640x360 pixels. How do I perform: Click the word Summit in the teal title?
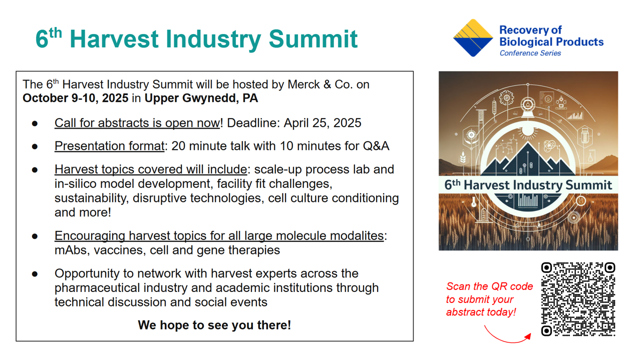point(313,39)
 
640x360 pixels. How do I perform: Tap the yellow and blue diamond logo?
point(473,37)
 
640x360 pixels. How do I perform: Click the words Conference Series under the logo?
point(530,53)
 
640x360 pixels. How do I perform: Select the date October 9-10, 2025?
point(75,98)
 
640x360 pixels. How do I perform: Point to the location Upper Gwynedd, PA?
point(201,98)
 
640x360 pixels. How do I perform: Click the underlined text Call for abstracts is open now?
point(137,123)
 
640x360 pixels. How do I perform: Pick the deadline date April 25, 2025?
point(322,123)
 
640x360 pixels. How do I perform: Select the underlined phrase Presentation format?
point(109,146)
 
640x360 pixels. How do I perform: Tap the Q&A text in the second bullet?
point(376,146)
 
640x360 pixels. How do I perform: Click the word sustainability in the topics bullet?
point(91,198)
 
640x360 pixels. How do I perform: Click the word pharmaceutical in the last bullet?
point(97,287)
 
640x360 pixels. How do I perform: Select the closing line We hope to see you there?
point(214,325)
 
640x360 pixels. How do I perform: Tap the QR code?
point(578,299)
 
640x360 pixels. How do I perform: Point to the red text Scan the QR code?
point(489,286)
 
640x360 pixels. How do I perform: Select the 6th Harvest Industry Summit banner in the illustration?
point(528,185)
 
